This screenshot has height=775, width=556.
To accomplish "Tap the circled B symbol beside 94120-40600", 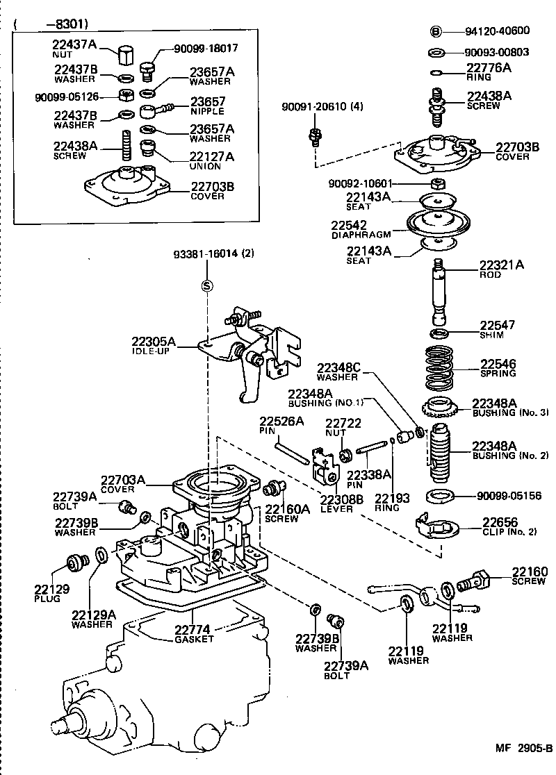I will pyautogui.click(x=436, y=31).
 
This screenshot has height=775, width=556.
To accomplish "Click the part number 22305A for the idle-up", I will pyautogui.click(x=154, y=341).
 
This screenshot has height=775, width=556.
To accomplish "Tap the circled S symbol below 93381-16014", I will pyautogui.click(x=206, y=285).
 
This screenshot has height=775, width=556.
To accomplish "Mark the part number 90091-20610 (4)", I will pyautogui.click(x=322, y=106).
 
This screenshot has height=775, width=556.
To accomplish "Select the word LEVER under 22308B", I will pyautogui.click(x=336, y=508).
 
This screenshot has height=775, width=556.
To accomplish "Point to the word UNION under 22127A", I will pyautogui.click(x=205, y=167).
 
